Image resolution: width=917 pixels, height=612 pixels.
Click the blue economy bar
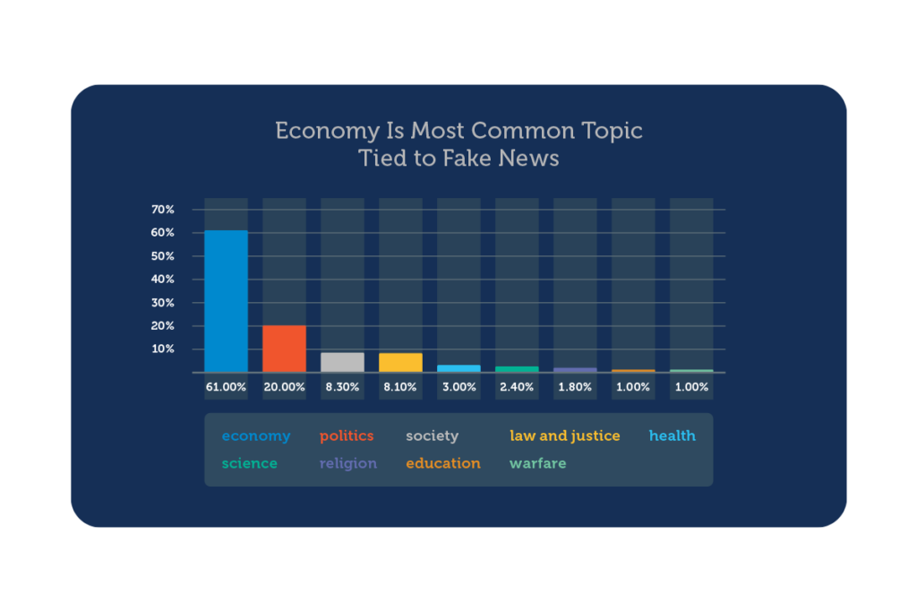[226, 301]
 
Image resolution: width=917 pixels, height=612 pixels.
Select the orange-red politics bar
[284, 349]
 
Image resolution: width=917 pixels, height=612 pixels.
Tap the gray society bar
[342, 362]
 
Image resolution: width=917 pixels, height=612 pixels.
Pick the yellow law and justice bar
[400, 363]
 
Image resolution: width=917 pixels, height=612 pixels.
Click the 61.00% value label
[226, 387]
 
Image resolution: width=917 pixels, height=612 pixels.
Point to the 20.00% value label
[284, 387]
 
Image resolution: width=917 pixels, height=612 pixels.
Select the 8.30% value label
[342, 387]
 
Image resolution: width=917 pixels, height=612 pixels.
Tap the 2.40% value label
[517, 387]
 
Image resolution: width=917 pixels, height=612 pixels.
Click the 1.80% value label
[575, 387]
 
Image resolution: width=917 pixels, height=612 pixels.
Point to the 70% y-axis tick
[163, 210]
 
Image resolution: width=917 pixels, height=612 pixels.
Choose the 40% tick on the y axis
[163, 279]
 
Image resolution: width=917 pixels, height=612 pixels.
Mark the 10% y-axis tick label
[163, 349]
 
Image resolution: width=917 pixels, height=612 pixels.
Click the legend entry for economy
[256, 436]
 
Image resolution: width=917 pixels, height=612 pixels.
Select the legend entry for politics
[347, 435]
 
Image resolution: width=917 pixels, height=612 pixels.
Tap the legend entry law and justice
[565, 435]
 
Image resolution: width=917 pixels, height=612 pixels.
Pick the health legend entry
[673, 435]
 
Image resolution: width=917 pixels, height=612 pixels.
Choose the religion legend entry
[348, 463]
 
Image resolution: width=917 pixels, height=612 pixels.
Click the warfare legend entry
[538, 463]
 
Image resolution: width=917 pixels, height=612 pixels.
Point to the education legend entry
[443, 463]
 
